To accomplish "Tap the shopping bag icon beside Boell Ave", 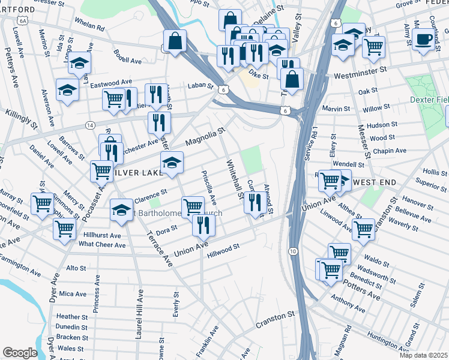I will [175, 41].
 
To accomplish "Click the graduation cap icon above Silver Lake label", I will [172, 163].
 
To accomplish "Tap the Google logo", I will [20, 353].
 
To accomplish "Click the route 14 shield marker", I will [90, 125].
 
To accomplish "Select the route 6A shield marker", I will [23, 20].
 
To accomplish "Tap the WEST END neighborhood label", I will [376, 181].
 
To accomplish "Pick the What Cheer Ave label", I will [102, 245].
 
